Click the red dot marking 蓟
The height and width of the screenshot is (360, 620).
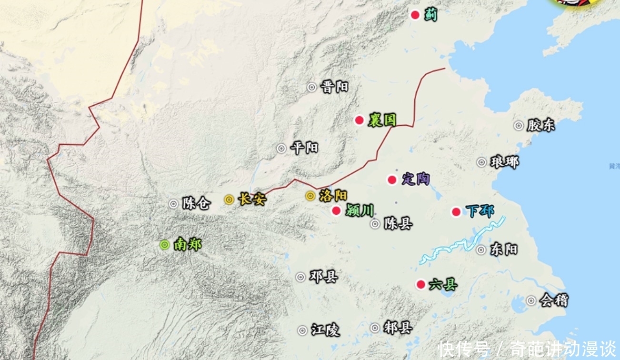[x=415, y=15]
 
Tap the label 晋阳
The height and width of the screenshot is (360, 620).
[x=334, y=87]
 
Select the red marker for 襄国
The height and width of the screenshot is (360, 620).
[x=360, y=120]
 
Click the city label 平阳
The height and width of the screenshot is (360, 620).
[x=304, y=148]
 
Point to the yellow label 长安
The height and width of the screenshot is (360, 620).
[x=251, y=199]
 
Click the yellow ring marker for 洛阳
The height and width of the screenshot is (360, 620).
[x=310, y=196]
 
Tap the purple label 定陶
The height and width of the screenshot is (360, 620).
[x=416, y=180]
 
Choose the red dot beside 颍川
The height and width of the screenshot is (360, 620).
[x=337, y=210]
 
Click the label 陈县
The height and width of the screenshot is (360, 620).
[x=398, y=223]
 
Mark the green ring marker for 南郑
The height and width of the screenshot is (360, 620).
[x=165, y=245]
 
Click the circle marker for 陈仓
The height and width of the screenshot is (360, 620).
[x=173, y=204]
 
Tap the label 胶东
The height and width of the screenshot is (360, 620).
[x=541, y=126]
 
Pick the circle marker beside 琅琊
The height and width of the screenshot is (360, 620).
[x=482, y=162]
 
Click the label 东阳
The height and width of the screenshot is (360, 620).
[x=503, y=250]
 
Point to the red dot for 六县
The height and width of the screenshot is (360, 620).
[x=420, y=285]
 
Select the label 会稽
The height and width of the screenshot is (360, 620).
[x=554, y=300]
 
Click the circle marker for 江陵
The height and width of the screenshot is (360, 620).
[x=302, y=330]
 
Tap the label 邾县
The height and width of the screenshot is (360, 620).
[x=398, y=328]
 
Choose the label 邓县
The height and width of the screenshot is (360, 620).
[x=323, y=277]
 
